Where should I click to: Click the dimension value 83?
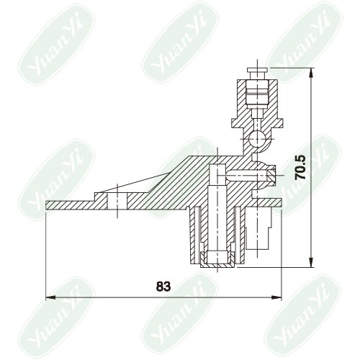[x=163, y=287]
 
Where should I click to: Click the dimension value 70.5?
[x=300, y=168]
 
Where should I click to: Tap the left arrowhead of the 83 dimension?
[x=50, y=297]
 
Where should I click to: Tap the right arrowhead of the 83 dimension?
[x=276, y=297]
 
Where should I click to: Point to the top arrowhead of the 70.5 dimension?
[x=312, y=73]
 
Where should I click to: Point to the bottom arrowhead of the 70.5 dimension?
[x=312, y=262]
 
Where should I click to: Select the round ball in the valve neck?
[x=257, y=139]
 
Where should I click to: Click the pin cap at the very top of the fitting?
[x=257, y=71]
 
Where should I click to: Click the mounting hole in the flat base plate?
[x=117, y=200]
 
